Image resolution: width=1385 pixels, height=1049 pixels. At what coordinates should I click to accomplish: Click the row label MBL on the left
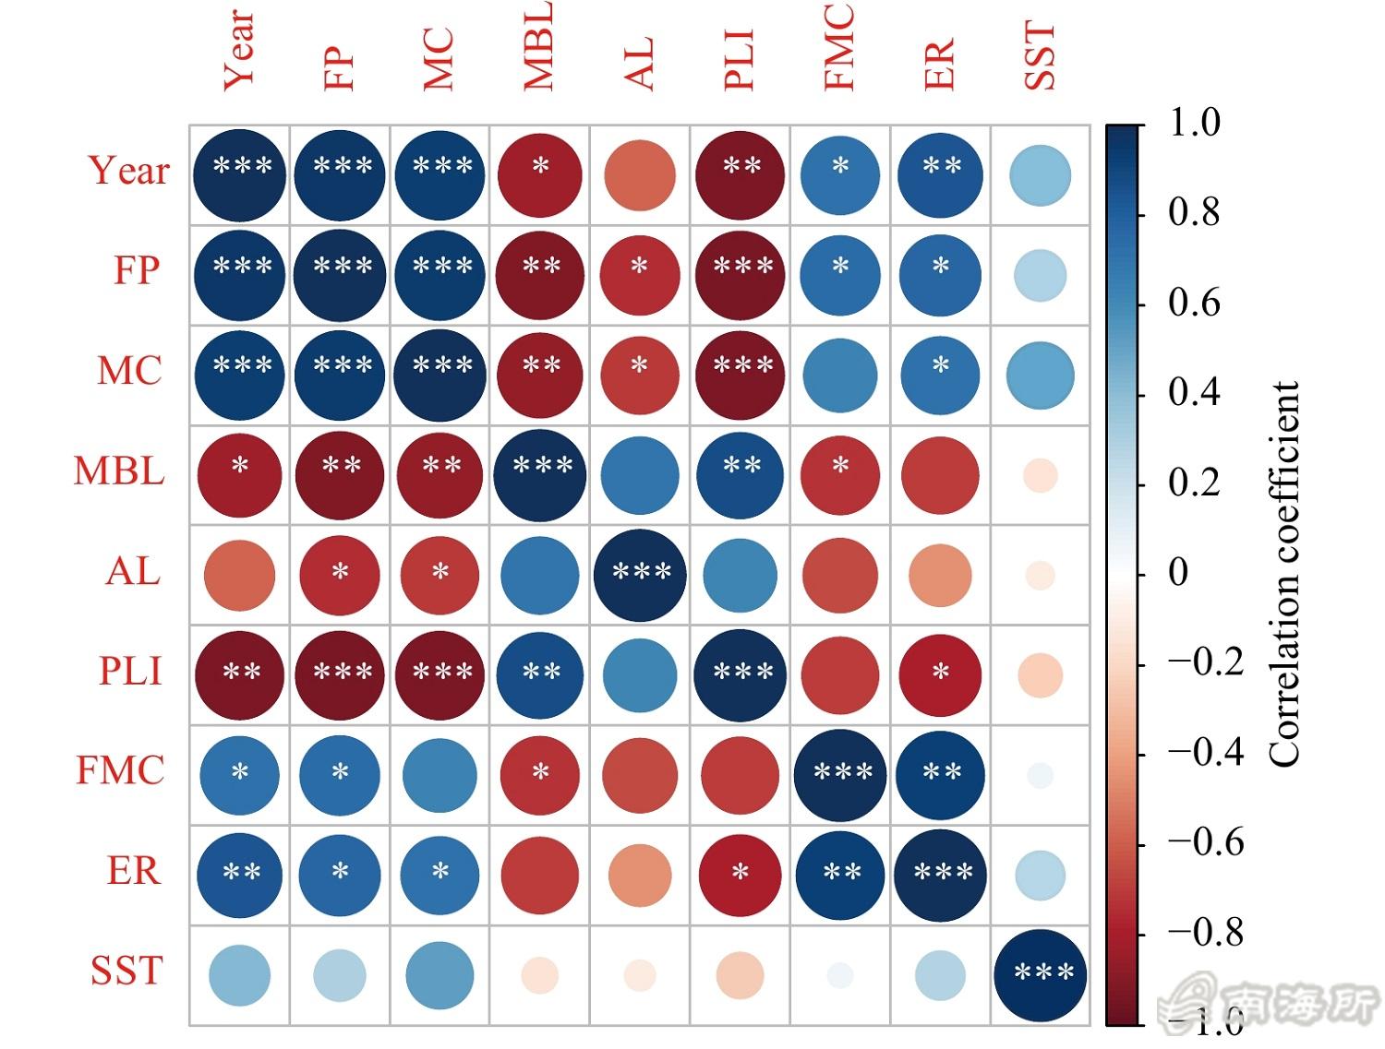[119, 471]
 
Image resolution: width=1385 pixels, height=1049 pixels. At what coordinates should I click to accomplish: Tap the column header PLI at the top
[740, 61]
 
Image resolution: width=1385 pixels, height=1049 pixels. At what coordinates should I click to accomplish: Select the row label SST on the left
[126, 971]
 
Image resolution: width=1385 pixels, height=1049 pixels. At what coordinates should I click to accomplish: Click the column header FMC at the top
[839, 47]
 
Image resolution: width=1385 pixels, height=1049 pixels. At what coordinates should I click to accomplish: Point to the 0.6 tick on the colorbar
[1194, 303]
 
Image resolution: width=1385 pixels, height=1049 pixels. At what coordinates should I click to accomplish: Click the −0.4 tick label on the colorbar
[1205, 753]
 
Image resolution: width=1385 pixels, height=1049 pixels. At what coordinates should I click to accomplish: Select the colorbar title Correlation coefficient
[1284, 574]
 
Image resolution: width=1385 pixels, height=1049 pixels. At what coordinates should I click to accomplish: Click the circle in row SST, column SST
[1041, 975]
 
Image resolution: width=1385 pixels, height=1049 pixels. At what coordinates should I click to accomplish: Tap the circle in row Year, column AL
[640, 175]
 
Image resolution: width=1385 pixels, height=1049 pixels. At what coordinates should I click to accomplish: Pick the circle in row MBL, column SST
[1041, 476]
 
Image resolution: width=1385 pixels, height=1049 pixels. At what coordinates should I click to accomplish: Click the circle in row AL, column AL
[640, 575]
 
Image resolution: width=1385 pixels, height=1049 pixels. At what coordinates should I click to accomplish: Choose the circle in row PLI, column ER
[940, 674]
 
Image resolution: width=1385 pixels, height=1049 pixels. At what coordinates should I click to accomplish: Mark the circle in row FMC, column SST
[1041, 775]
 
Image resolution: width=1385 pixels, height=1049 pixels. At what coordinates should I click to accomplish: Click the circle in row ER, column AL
[640, 876]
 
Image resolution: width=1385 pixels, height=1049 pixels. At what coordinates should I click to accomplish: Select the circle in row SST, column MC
[440, 975]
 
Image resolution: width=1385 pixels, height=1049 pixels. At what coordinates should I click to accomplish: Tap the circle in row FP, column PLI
[740, 275]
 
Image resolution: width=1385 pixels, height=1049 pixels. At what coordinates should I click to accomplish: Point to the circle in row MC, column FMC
[840, 375]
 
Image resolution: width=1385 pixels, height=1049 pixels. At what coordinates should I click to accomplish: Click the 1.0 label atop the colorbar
[1194, 123]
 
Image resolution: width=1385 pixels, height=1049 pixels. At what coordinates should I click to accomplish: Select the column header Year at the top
[239, 50]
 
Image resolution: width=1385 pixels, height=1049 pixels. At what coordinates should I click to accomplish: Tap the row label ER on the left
[134, 871]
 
